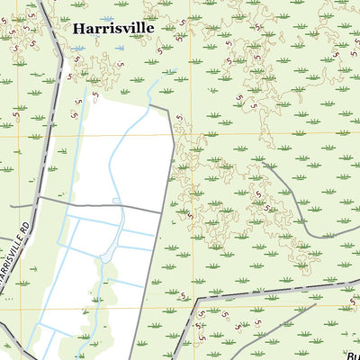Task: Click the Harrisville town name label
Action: point(112,28)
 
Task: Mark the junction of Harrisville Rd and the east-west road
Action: point(39,198)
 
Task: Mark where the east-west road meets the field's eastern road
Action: point(162,213)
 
